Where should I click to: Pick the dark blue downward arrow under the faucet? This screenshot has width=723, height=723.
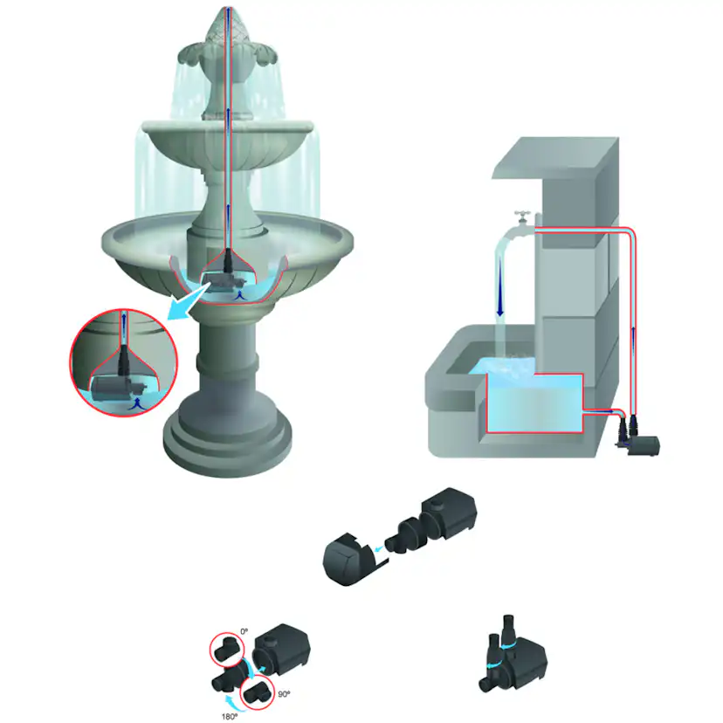click(x=500, y=297)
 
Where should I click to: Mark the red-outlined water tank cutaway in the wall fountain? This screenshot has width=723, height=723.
click(x=534, y=404)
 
